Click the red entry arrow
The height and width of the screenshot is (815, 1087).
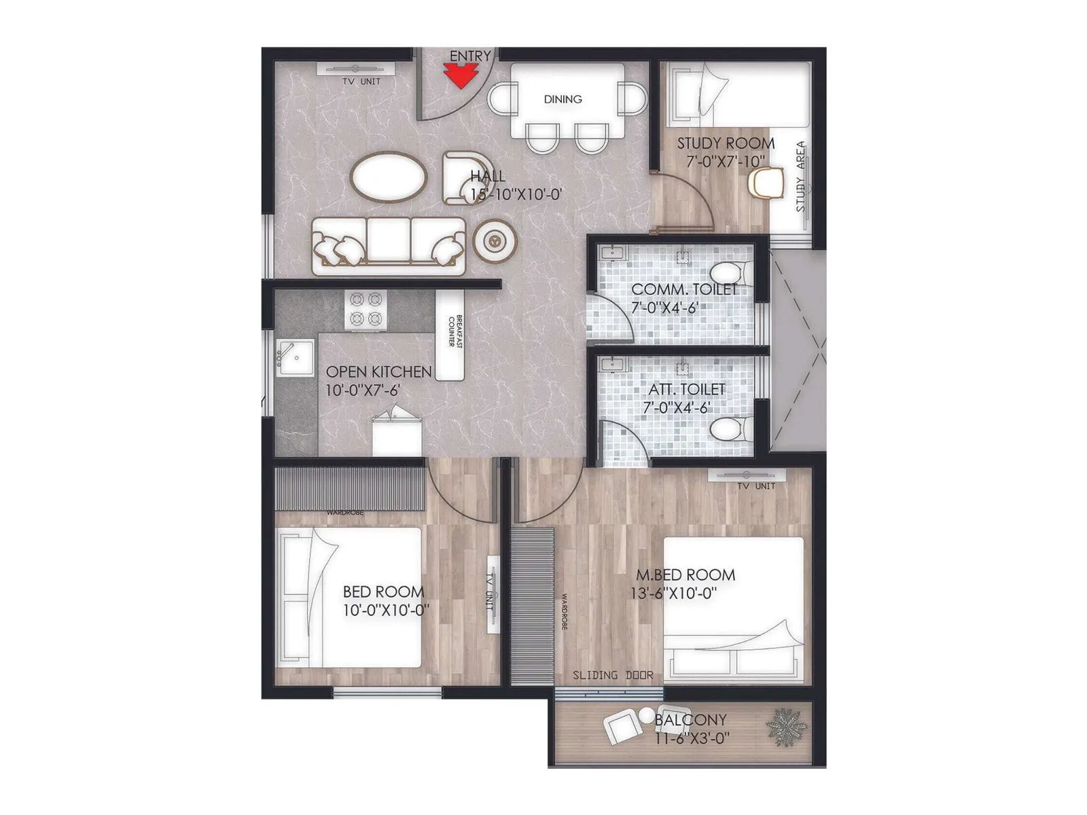459,75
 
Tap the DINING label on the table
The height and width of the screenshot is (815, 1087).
563,99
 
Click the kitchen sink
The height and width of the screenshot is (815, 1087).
294,357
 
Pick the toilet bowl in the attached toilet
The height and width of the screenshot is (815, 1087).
730,429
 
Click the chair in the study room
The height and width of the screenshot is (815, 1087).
767,183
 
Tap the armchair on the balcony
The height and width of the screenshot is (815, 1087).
624,729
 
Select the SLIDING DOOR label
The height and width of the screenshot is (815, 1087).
613,675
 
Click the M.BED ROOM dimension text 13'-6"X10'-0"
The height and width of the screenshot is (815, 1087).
674,593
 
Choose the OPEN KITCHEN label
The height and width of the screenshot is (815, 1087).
378,372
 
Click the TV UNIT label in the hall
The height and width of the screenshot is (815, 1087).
361,81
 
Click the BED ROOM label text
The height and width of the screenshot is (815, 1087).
383,592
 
